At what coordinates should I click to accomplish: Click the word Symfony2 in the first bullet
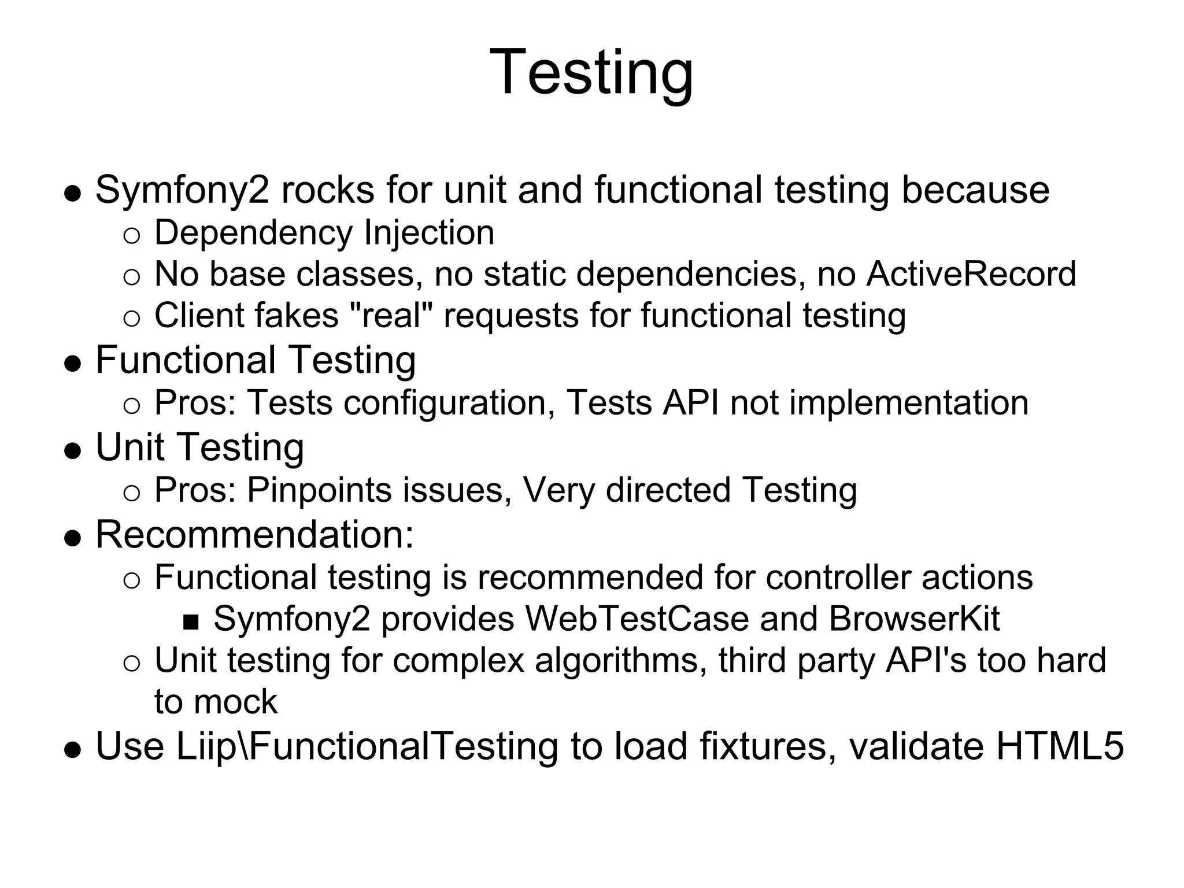(182, 190)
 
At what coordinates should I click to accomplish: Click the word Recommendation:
(255, 534)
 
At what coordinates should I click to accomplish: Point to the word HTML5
(1060, 746)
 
